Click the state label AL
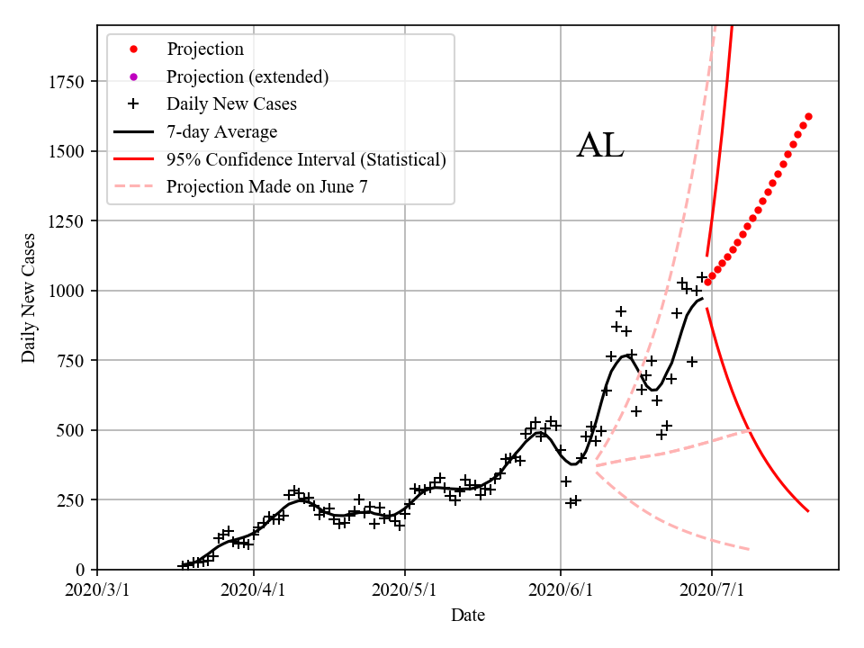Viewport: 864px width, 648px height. tap(599, 146)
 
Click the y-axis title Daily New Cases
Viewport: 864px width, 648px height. tap(29, 298)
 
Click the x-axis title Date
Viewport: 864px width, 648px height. tap(468, 616)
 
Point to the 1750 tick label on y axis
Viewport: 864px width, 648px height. tap(68, 83)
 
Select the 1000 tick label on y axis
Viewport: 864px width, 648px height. tap(68, 292)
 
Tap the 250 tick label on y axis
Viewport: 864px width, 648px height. tap(73, 500)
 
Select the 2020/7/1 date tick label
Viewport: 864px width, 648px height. tap(712, 591)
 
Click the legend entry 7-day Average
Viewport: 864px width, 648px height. tap(221, 132)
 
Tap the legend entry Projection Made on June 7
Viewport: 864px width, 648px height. tap(266, 187)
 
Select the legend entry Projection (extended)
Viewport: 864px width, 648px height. tap(247, 77)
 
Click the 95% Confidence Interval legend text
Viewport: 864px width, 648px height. tap(306, 160)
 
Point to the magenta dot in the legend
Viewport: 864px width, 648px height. tap(132, 77)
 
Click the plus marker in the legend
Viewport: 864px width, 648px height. tap(132, 104)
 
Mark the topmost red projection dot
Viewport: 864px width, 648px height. tap(808, 117)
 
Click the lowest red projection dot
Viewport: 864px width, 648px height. tap(707, 283)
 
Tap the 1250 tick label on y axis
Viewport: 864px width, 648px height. tap(68, 222)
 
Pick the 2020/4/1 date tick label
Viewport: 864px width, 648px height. tap(253, 591)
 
